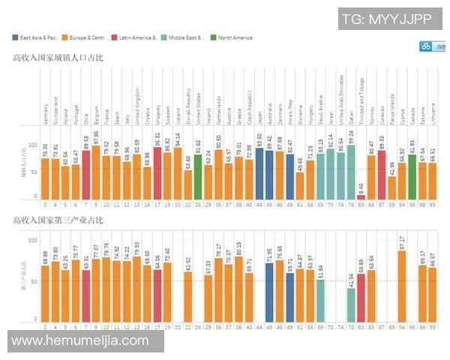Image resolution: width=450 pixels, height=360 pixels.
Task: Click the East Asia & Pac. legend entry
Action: [35, 37]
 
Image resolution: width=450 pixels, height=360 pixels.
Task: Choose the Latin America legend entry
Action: [134, 37]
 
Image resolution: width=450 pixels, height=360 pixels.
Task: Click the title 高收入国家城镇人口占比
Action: [57, 56]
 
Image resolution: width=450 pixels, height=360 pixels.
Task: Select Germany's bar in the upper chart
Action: [45, 178]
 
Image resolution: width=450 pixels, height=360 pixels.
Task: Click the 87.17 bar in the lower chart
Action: [402, 285]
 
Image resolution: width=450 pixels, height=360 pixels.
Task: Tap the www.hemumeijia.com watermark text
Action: [81, 340]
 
